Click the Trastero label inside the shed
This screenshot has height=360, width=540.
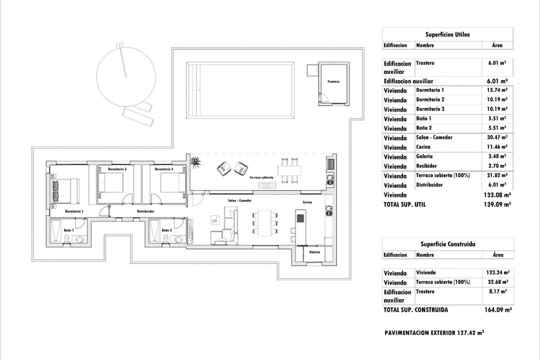[333, 81]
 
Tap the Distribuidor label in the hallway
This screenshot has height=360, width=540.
[145, 211]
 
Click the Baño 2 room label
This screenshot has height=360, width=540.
[167, 230]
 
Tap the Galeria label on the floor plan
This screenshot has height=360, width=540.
[314, 252]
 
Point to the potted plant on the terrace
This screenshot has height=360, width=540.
[194, 161]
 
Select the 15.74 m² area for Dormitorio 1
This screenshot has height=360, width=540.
[497, 90]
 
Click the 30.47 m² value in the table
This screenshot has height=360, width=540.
[497, 137]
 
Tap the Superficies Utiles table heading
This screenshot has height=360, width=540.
[447, 34]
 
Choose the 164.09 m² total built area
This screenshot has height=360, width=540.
[497, 310]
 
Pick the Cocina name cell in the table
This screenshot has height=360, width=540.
[423, 147]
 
